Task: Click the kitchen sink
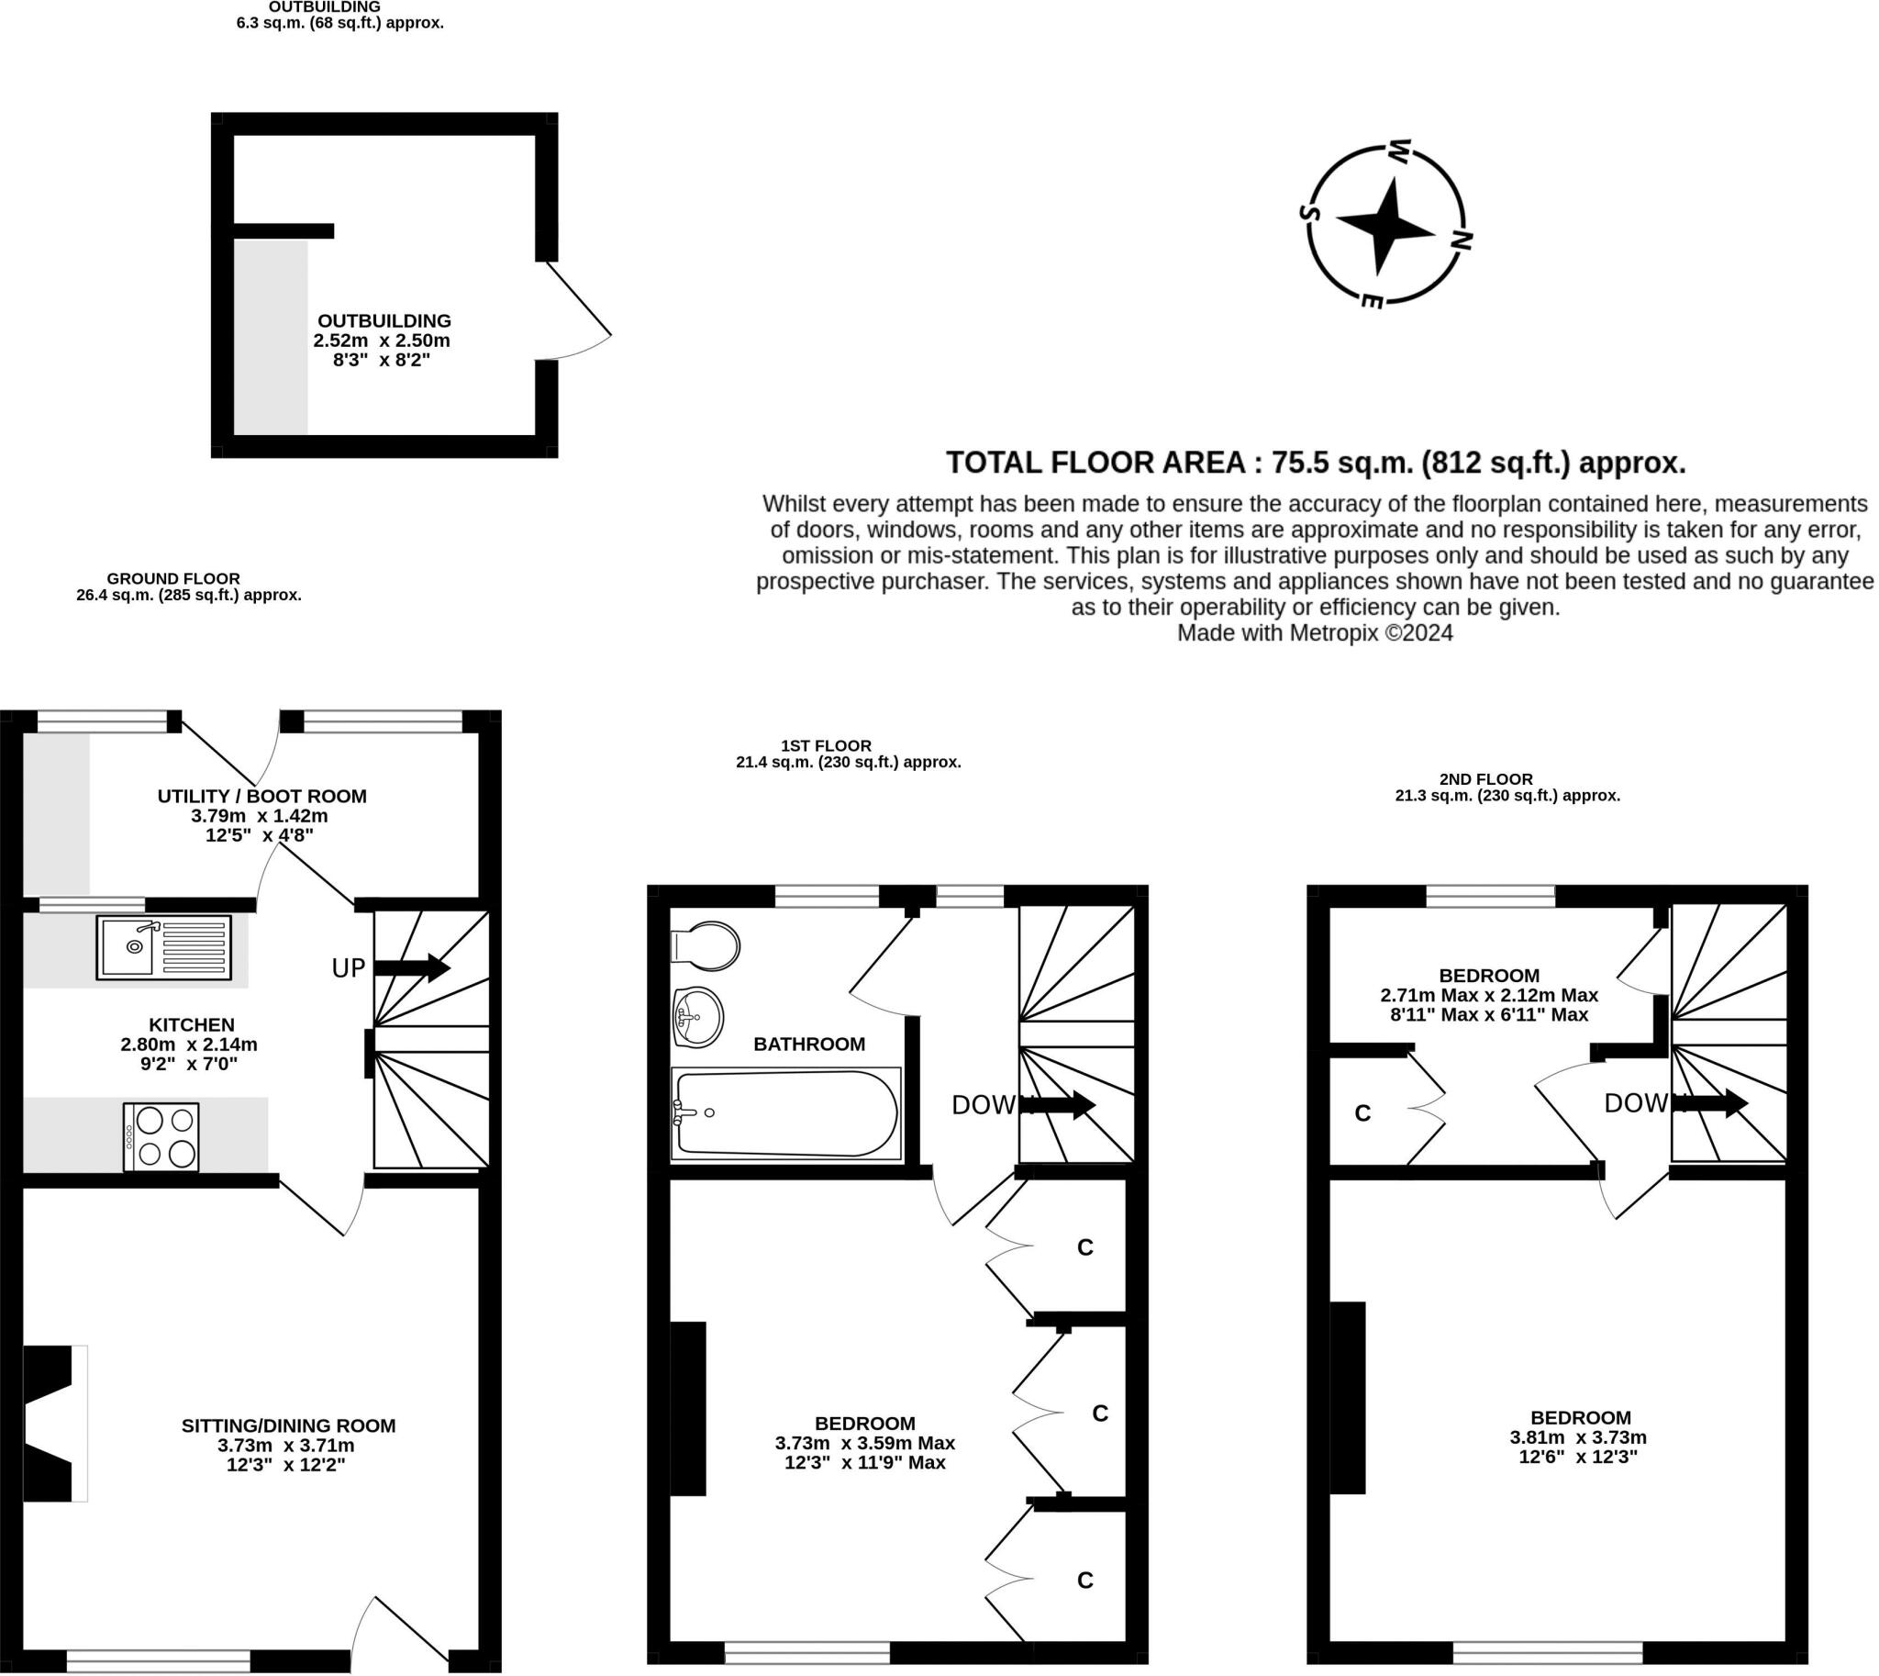click(x=163, y=946)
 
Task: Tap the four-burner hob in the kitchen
click(x=161, y=1137)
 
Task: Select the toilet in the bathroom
click(x=706, y=946)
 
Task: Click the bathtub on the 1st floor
click(x=786, y=1113)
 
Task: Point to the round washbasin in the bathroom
click(x=698, y=1018)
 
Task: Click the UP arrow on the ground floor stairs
click(x=412, y=967)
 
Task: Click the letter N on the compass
click(x=1460, y=241)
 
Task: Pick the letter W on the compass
click(x=1399, y=151)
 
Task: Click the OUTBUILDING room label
click(x=384, y=320)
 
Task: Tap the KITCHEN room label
click(x=192, y=1025)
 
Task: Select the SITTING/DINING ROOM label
click(x=288, y=1425)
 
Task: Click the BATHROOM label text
click(x=809, y=1045)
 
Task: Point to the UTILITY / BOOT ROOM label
click(x=261, y=796)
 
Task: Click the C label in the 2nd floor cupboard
click(x=1362, y=1113)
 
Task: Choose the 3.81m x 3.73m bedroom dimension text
click(x=1578, y=1437)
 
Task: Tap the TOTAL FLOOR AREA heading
click(x=1316, y=463)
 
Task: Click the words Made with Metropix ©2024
click(x=1315, y=633)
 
